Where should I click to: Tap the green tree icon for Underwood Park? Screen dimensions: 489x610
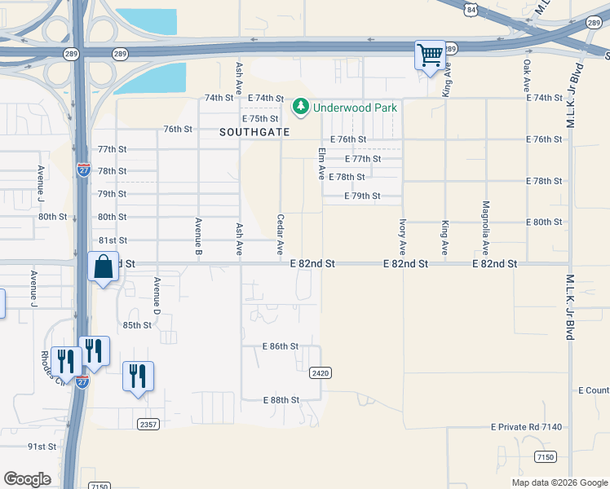tap(301, 107)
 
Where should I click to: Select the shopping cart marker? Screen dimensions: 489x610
tap(430, 55)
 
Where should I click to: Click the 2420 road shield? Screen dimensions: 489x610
tap(320, 372)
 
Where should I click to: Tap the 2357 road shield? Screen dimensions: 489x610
tap(148, 424)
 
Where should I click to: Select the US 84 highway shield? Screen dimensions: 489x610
tap(471, 9)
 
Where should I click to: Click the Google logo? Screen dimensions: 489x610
tap(27, 479)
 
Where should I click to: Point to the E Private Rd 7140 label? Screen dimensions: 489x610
tap(527, 427)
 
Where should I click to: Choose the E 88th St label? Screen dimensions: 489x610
tap(281, 400)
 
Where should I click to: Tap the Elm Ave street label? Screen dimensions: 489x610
tap(321, 163)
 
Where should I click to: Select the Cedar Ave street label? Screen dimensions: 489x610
tap(281, 233)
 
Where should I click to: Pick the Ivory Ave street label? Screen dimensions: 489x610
tap(403, 236)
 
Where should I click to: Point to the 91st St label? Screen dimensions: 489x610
tap(42, 447)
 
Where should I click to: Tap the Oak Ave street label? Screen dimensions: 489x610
tap(527, 74)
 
